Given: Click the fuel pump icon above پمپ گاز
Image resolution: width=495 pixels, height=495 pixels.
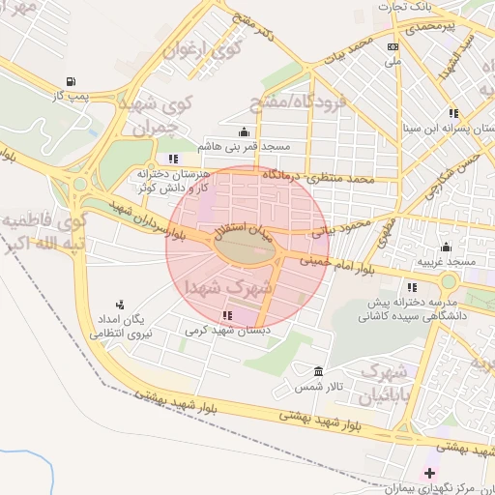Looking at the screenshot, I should pyautogui.click(x=70, y=81).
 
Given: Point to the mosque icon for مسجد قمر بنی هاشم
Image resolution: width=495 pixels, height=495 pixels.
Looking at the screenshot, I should pyautogui.click(x=242, y=132).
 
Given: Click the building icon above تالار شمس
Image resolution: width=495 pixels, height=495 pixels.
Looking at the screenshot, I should pyautogui.click(x=318, y=372).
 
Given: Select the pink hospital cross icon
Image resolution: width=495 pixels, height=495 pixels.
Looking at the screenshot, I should pyautogui.click(x=430, y=473).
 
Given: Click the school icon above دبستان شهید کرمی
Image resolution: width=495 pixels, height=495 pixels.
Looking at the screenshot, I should pyautogui.click(x=227, y=315).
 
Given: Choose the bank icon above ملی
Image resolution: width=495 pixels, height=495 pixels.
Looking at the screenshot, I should pyautogui.click(x=393, y=46).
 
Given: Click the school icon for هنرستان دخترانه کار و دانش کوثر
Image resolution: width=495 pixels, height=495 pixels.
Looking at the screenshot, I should pyautogui.click(x=173, y=159).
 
